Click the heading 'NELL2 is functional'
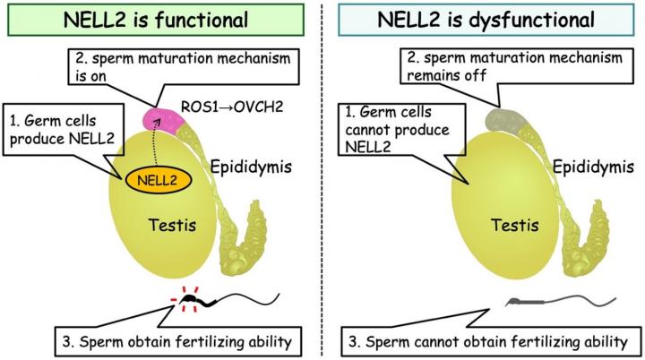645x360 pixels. click(161, 21)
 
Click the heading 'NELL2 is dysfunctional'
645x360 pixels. click(485, 21)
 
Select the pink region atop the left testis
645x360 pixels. click(159, 117)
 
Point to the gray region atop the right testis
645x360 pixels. click(486, 117)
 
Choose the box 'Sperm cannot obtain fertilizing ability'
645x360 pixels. click(485, 341)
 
